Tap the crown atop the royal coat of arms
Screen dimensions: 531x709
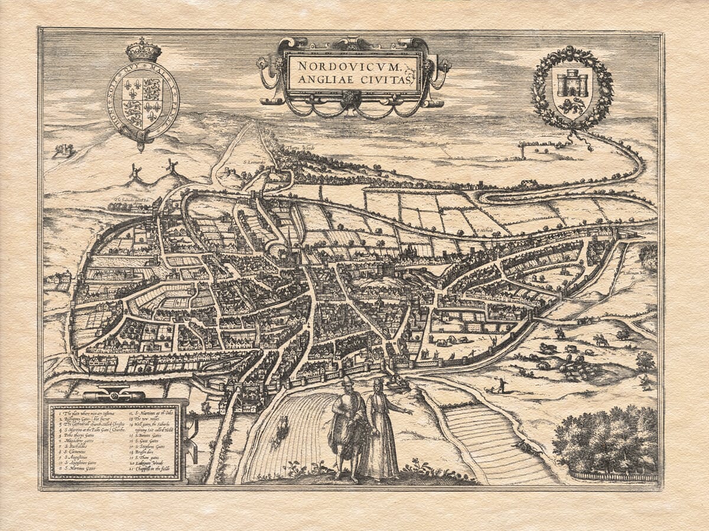tap(144, 51)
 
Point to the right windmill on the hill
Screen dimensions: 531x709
tap(172, 166)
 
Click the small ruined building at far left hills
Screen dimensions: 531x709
tap(63, 151)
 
